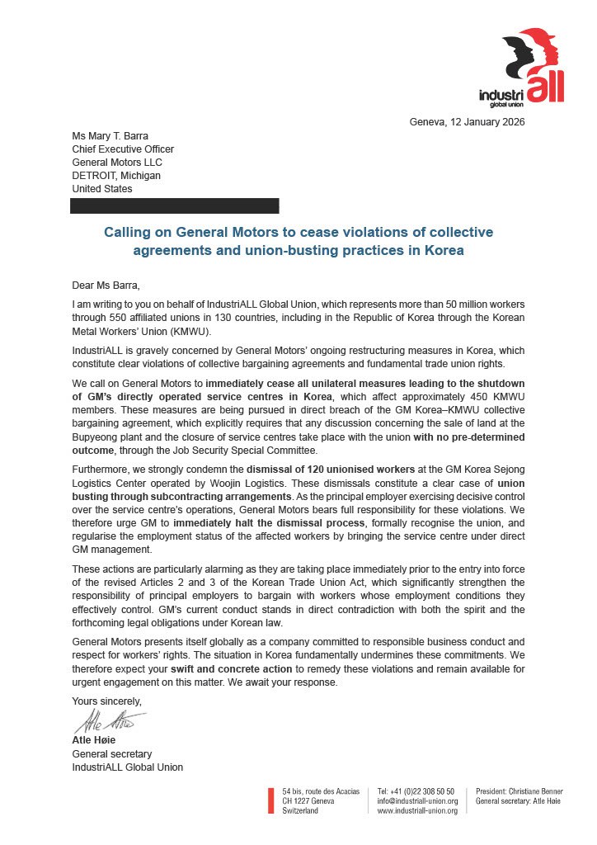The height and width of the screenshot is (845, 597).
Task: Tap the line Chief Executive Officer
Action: (123, 149)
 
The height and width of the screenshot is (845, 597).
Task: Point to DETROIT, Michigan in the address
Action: (116, 176)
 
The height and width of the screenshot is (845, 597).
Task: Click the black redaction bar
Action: (175, 206)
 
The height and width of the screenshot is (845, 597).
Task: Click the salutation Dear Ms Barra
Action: (106, 286)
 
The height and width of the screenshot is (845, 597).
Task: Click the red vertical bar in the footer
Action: (270, 800)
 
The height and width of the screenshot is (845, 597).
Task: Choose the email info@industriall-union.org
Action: (417, 800)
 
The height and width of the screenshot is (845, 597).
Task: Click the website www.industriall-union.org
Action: (417, 810)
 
